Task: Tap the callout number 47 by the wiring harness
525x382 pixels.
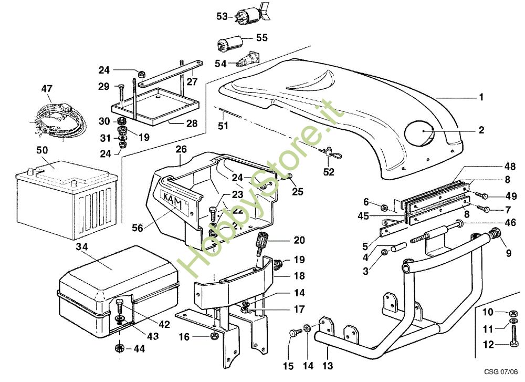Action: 47,90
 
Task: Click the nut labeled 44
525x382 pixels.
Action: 119,347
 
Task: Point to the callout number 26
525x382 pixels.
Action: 181,149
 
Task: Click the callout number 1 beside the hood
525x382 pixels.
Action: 481,97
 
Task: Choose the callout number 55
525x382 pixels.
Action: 261,38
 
